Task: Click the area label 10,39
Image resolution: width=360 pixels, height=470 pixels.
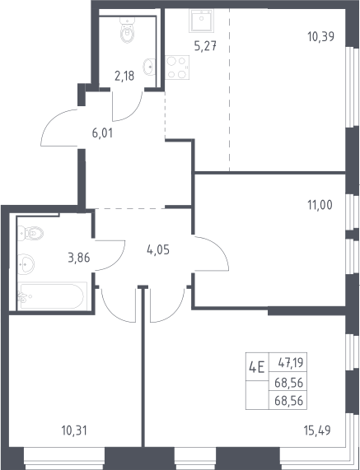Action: [320, 36]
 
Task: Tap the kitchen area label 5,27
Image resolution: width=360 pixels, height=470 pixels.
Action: [205, 46]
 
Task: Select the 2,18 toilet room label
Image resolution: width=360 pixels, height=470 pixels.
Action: [124, 76]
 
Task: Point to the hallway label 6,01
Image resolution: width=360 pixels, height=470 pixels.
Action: [102, 133]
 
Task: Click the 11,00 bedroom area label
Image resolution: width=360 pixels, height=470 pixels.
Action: [320, 205]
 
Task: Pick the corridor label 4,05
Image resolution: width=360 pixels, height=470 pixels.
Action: [158, 249]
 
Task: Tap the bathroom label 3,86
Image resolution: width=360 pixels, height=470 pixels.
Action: [79, 258]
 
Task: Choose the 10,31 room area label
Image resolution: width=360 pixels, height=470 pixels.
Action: [74, 431]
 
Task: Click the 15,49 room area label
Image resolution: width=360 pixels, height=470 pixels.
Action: [317, 430]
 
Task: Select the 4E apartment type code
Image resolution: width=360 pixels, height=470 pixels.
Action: [257, 367]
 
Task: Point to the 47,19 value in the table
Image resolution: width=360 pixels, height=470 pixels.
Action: [291, 363]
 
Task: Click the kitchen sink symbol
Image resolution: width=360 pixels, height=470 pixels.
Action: [201, 20]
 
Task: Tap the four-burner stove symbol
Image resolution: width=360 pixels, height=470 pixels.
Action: [177, 67]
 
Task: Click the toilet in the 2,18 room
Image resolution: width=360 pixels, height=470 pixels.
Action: [128, 30]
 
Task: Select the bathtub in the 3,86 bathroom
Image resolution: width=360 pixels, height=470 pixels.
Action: [53, 296]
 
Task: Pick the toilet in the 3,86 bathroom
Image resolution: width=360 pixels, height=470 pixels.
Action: [31, 233]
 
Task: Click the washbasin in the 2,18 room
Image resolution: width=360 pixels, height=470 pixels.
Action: [149, 67]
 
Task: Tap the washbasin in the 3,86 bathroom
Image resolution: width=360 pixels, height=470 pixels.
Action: [26, 264]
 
